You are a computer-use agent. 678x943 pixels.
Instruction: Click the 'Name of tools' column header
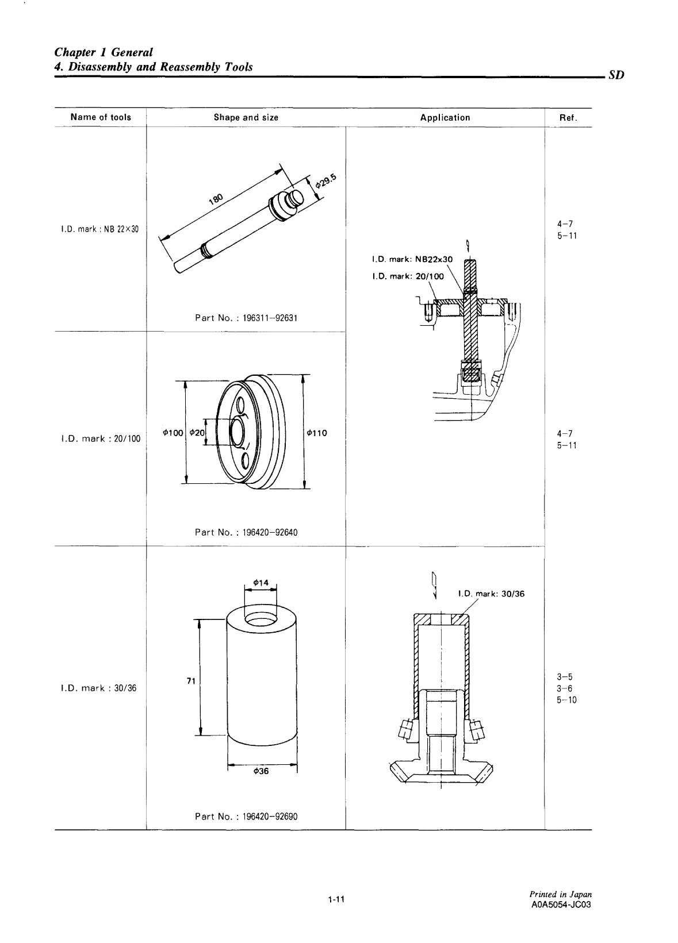coord(101,117)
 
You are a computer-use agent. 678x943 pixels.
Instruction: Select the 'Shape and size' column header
coord(246,118)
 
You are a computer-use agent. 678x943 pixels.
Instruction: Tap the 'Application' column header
coord(445,118)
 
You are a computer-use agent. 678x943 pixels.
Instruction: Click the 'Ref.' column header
coord(568,118)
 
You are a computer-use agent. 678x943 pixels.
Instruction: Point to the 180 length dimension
coord(216,199)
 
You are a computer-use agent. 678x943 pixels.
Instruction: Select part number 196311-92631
coord(246,318)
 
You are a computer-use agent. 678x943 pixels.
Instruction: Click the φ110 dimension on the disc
coord(317,433)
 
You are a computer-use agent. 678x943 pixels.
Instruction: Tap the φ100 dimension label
coord(172,433)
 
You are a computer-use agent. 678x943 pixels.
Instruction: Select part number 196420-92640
coord(246,532)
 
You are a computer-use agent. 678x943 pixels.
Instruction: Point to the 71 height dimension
coord(192,681)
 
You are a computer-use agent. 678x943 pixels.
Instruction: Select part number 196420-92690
coord(246,816)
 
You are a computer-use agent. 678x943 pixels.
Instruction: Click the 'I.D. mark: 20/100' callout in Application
coord(408,276)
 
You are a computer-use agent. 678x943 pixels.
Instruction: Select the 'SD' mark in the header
coord(615,75)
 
